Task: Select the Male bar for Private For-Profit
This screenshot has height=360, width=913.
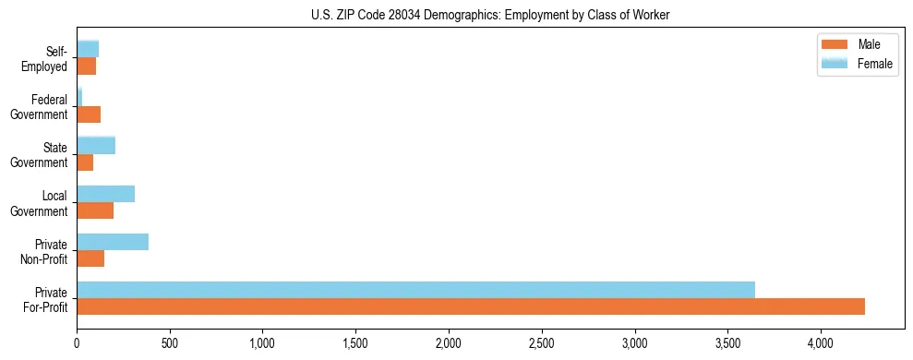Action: pos(471,306)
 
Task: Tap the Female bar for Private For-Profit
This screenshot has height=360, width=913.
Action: pos(415,290)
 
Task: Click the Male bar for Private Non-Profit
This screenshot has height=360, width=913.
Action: pos(90,258)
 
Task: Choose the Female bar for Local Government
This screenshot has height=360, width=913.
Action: pos(105,194)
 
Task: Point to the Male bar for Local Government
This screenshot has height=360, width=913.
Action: pos(95,210)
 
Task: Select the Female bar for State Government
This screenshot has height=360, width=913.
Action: pos(96,145)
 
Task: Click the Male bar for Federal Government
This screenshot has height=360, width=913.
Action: pos(89,114)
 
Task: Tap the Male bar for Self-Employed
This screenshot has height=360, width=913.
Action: pos(86,66)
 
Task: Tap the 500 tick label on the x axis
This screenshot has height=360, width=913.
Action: pos(170,343)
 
